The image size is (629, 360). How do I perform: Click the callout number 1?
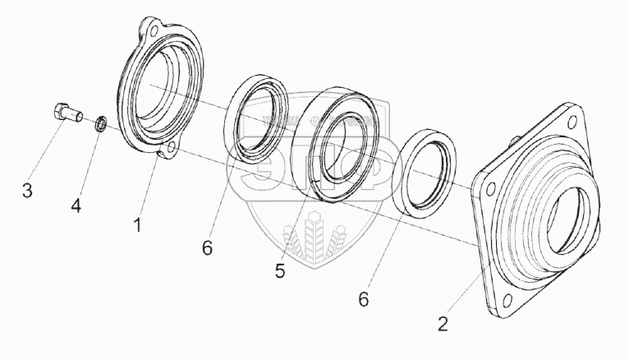pyautogui.click(x=138, y=223)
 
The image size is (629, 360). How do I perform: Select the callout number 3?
pyautogui.click(x=27, y=192)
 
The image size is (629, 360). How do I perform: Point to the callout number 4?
pyautogui.click(x=76, y=206)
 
